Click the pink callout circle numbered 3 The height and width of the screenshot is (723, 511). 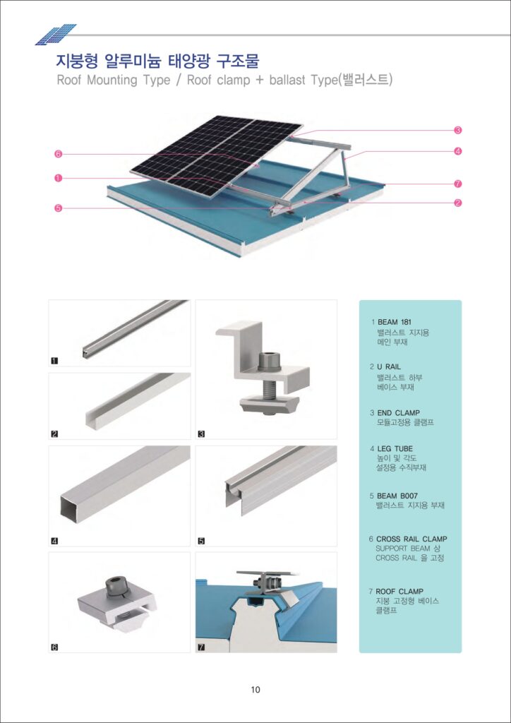(458, 130)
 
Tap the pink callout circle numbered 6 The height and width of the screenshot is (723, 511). (59, 154)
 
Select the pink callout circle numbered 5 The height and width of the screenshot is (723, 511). (59, 208)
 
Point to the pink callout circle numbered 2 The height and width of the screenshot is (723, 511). (458, 203)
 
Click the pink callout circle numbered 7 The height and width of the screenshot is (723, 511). (458, 184)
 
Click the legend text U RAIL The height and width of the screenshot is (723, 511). (389, 367)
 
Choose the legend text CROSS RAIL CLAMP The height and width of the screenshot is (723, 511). (411, 539)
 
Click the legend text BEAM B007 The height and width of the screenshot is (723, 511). (399, 496)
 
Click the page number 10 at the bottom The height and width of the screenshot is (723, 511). (255, 690)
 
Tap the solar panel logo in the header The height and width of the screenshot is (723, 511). (56, 33)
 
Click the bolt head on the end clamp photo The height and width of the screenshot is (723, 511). (269, 360)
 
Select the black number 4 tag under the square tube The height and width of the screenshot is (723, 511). (54, 542)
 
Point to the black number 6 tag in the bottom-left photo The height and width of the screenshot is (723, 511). (54, 647)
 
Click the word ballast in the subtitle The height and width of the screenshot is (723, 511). (287, 80)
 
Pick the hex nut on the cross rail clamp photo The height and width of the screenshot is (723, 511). (114, 587)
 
